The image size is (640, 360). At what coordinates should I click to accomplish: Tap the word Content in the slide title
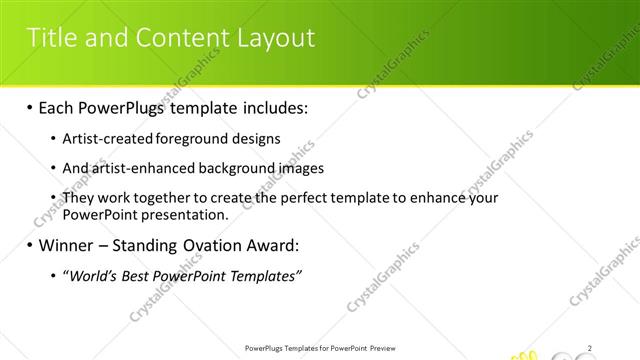[179, 38]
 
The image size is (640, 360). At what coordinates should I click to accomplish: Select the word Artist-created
[104, 139]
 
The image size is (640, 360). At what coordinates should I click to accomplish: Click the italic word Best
[140, 275]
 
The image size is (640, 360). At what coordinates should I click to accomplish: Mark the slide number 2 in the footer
[591, 348]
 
